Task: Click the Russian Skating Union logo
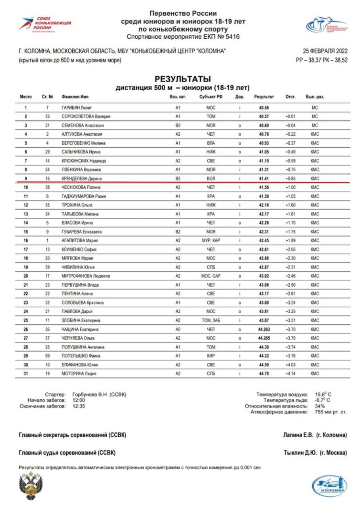coord(38,23)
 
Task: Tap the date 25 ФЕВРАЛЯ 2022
coord(325,51)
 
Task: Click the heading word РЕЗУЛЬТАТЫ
coord(183,79)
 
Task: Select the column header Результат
coord(264,97)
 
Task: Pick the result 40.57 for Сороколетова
coord(264,117)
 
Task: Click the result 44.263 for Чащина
coord(265,329)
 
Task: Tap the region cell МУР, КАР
coord(211,240)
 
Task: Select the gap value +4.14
coord(290,373)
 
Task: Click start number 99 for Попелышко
coord(47,355)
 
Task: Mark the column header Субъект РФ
coord(211,97)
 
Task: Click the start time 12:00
coord(78,400)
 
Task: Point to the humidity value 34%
coord(320,406)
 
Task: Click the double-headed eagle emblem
coord(31,486)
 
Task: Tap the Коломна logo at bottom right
coord(329,486)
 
